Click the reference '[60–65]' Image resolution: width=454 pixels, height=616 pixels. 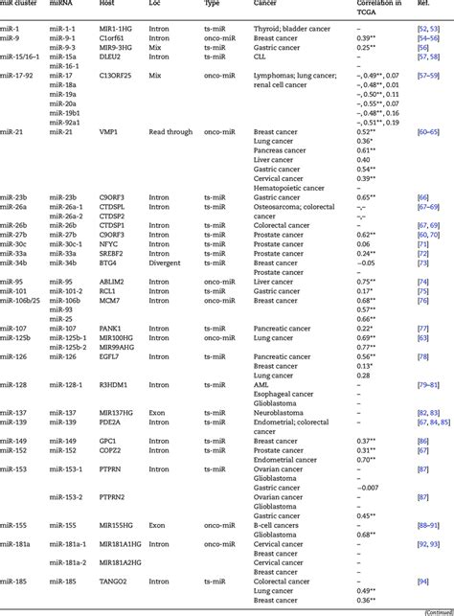coord(426,130)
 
